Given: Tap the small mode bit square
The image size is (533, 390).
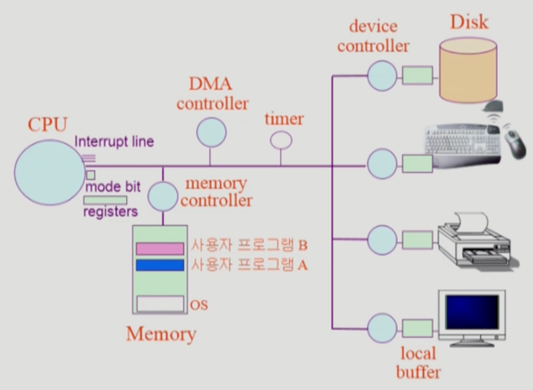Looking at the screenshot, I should pos(91,175).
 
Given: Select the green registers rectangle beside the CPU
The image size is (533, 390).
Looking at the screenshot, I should pos(105,200).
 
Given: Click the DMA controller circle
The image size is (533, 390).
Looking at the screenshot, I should pos(211,133).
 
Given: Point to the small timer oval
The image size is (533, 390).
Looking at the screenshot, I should pos(281,140).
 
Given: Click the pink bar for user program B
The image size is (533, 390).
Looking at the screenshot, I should pos(160,248).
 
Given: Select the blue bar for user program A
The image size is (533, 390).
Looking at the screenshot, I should pos(160,265).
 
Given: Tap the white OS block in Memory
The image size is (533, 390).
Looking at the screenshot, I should pos(160,304).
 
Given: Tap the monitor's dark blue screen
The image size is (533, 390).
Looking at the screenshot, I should pos(472,312).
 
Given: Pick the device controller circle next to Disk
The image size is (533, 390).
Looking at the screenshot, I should pos(382,76).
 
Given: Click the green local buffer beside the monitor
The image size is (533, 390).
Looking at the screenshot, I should pos(418,328).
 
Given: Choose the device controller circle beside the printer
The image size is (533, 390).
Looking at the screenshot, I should pos(382,240).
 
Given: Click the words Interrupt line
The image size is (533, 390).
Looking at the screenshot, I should pos(114,142).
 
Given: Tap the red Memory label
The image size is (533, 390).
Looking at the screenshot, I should pos(161,334).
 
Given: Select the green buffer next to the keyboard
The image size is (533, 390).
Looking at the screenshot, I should pos(418,163).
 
